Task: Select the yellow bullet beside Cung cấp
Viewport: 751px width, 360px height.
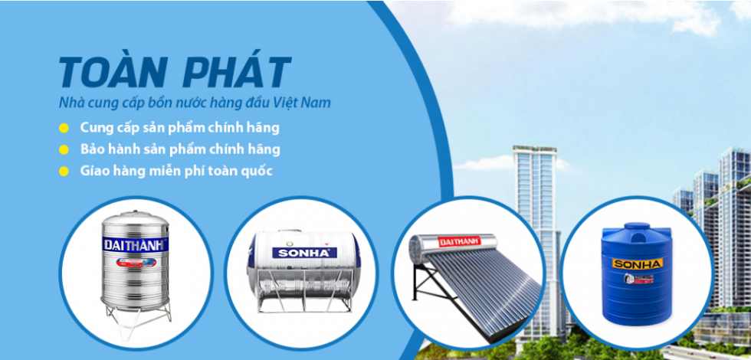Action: click(64, 129)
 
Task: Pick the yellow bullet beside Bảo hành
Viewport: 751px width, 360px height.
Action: click(64, 150)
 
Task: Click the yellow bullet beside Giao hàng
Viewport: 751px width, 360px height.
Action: click(64, 172)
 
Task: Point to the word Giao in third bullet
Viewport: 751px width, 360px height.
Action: click(93, 171)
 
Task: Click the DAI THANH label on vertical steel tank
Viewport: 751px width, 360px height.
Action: click(136, 244)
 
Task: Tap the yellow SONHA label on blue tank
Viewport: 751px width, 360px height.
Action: click(637, 263)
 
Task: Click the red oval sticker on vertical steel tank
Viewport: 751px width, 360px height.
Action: click(136, 262)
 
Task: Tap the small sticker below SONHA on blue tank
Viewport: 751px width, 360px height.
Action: click(637, 277)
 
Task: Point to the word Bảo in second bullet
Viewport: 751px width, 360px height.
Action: click(91, 149)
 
